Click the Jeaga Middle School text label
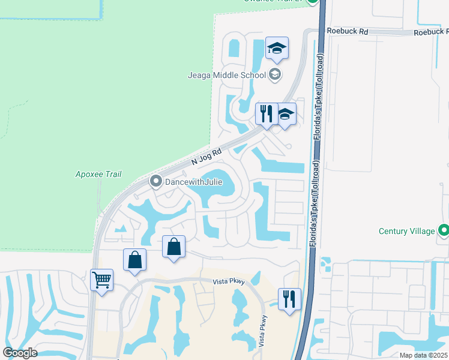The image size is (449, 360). [x=226, y=76]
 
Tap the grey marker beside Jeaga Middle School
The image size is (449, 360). [x=276, y=75]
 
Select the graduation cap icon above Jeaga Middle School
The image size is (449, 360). [x=277, y=49]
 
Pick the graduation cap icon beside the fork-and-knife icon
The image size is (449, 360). [x=285, y=114]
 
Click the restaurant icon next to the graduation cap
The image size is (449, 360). [x=266, y=113]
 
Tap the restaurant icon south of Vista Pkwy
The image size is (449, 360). [x=289, y=299]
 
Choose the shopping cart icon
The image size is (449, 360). [x=101, y=280]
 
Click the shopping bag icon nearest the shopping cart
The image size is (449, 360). [x=135, y=260]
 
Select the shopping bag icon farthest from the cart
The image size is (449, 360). [x=173, y=247]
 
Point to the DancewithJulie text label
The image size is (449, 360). [x=188, y=181]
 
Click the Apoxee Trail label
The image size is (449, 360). [x=98, y=175]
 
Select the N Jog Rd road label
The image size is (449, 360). [x=206, y=158]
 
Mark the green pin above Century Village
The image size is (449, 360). [x=444, y=230]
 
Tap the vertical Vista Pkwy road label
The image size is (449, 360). [x=262, y=329]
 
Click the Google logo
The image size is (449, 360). [x=20, y=353]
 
